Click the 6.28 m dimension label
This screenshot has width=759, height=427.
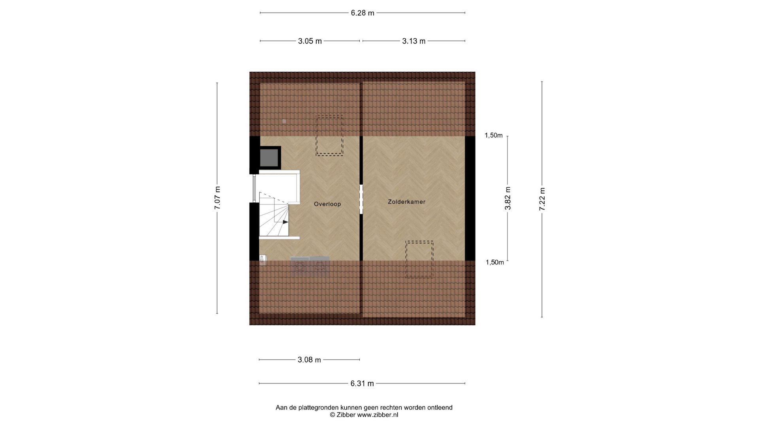tap(363, 13)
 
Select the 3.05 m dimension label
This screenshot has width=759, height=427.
tap(310, 41)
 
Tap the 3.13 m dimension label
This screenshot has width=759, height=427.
tap(414, 41)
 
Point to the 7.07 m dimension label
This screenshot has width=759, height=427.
tap(217, 198)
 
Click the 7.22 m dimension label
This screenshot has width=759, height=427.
tap(542, 199)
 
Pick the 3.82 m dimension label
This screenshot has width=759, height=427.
tap(508, 198)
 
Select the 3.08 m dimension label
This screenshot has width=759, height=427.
tap(309, 360)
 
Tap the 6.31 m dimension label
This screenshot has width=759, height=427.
tap(362, 384)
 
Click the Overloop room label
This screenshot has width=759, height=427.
tap(327, 204)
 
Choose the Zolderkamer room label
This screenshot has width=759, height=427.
tap(406, 202)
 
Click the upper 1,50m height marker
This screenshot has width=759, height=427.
tap(494, 136)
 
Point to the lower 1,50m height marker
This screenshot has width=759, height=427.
tap(495, 262)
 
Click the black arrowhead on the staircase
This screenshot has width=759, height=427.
tap(285, 222)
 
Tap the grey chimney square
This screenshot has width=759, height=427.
tap(270, 158)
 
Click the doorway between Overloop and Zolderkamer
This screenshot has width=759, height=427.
tap(361, 199)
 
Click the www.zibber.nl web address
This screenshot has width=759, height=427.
tap(378, 415)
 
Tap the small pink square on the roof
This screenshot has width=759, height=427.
tap(284, 121)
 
